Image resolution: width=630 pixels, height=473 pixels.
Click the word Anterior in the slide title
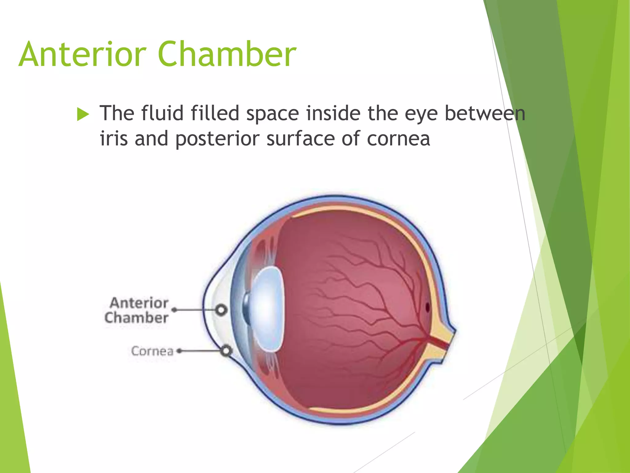pyautogui.click(x=82, y=55)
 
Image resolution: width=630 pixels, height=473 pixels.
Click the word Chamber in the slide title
pyautogui.click(x=227, y=55)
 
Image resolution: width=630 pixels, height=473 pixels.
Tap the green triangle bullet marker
pyautogui.click(x=83, y=114)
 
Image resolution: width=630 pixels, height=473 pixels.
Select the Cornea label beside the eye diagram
pyautogui.click(x=152, y=351)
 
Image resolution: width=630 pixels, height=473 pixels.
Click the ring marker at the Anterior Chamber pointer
pyautogui.click(x=221, y=310)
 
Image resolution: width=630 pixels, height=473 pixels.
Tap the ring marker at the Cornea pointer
pyautogui.click(x=226, y=351)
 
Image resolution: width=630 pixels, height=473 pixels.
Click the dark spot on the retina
pyautogui.click(x=427, y=307)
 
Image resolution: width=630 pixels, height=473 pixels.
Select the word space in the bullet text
pyautogui.click(x=273, y=114)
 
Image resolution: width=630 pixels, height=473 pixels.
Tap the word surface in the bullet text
pyautogui.click(x=300, y=138)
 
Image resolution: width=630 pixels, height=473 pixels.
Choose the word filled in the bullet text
pyautogui.click(x=215, y=113)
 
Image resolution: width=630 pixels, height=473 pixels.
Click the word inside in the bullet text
pyautogui.click(x=333, y=113)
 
